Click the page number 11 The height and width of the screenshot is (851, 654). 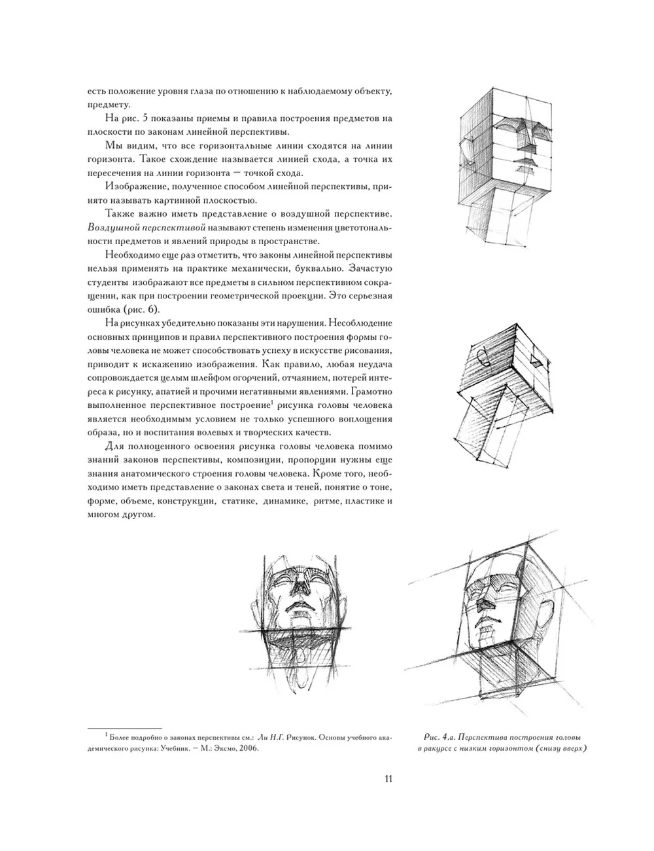(x=388, y=778)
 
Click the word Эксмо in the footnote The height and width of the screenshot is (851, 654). (x=221, y=750)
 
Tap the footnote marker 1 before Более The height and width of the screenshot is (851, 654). (x=106, y=735)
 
